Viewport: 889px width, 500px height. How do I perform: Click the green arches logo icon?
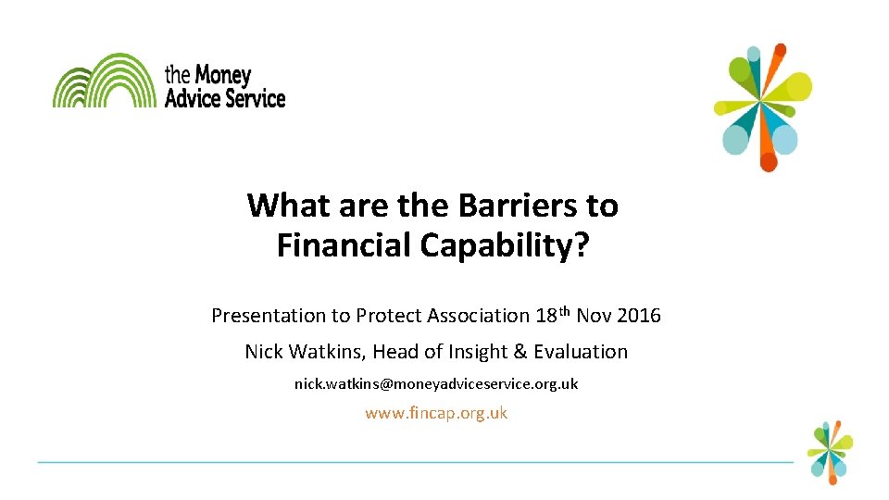pos(104,81)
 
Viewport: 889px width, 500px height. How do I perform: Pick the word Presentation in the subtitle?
pos(268,316)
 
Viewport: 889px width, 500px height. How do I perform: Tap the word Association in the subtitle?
pos(478,316)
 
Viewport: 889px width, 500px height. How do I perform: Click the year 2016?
pos(639,316)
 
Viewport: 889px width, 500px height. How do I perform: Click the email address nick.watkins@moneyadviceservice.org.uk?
pos(436,383)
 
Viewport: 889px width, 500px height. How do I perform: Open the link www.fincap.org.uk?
pos(436,413)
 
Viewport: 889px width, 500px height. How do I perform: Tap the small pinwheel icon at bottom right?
pos(829,451)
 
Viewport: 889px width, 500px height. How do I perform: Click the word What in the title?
pos(283,205)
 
